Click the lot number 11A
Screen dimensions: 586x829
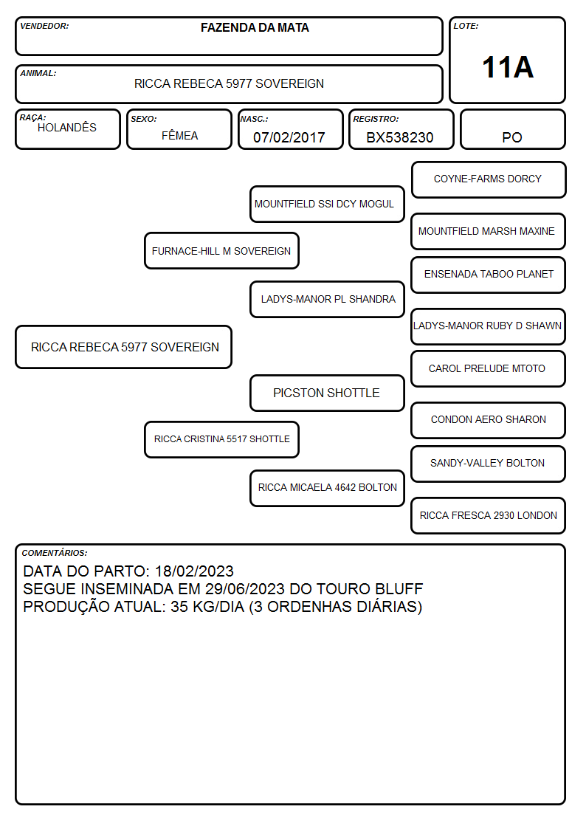pos(508,67)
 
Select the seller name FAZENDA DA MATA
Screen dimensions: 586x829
pos(255,27)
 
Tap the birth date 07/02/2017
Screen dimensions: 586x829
pos(289,137)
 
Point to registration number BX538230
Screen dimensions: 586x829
pos(400,137)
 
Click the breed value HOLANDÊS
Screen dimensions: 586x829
pos(67,127)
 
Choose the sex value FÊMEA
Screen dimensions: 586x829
pos(179,135)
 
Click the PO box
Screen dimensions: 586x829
pos(512,129)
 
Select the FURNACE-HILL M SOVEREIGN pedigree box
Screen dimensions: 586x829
pos(221,250)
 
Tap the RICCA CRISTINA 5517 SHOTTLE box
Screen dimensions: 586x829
pos(221,439)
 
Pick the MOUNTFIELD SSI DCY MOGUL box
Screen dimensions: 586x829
pos(327,204)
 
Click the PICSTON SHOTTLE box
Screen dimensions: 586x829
pos(327,393)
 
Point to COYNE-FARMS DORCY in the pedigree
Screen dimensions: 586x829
pos(488,179)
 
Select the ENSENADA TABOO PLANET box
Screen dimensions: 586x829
pos(489,275)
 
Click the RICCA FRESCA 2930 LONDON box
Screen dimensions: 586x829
pos(489,515)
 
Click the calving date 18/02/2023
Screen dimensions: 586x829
pos(194,571)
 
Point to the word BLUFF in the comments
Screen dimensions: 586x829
pos(399,589)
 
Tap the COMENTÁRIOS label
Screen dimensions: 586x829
pos(55,553)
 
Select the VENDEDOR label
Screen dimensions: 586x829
pos(44,26)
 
